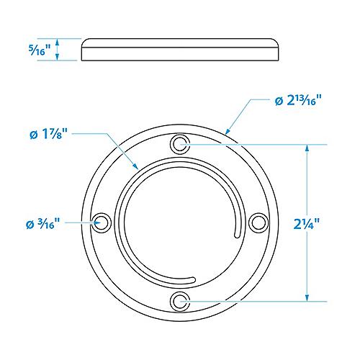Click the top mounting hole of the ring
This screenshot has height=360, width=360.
179,145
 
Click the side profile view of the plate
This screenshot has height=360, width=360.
180,50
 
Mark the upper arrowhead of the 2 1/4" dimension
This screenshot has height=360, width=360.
308,148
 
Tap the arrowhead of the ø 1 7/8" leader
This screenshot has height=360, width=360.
137,169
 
